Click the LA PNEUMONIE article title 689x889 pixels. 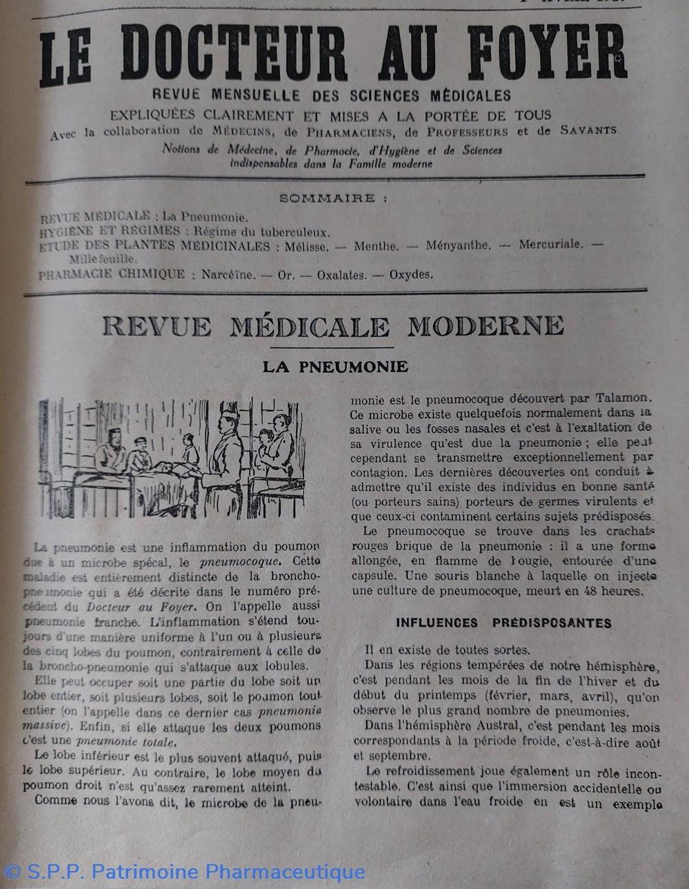pos(334,366)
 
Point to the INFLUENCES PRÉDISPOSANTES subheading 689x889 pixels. pos(503,623)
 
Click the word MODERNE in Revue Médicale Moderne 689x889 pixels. pos(486,326)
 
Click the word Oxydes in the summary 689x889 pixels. pos(411,274)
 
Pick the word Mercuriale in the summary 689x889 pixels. pos(550,244)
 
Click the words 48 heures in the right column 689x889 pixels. pos(612,591)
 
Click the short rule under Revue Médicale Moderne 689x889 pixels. pos(332,347)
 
